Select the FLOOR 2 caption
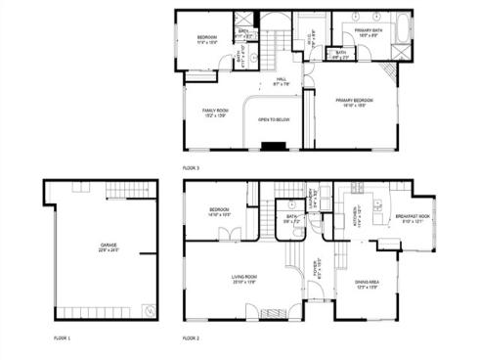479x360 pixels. pos(191,337)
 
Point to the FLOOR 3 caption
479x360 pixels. pos(191,168)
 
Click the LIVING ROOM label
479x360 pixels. pos(243,278)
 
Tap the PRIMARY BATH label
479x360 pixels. pos(369,31)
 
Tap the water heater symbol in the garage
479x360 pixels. pos(148,310)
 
